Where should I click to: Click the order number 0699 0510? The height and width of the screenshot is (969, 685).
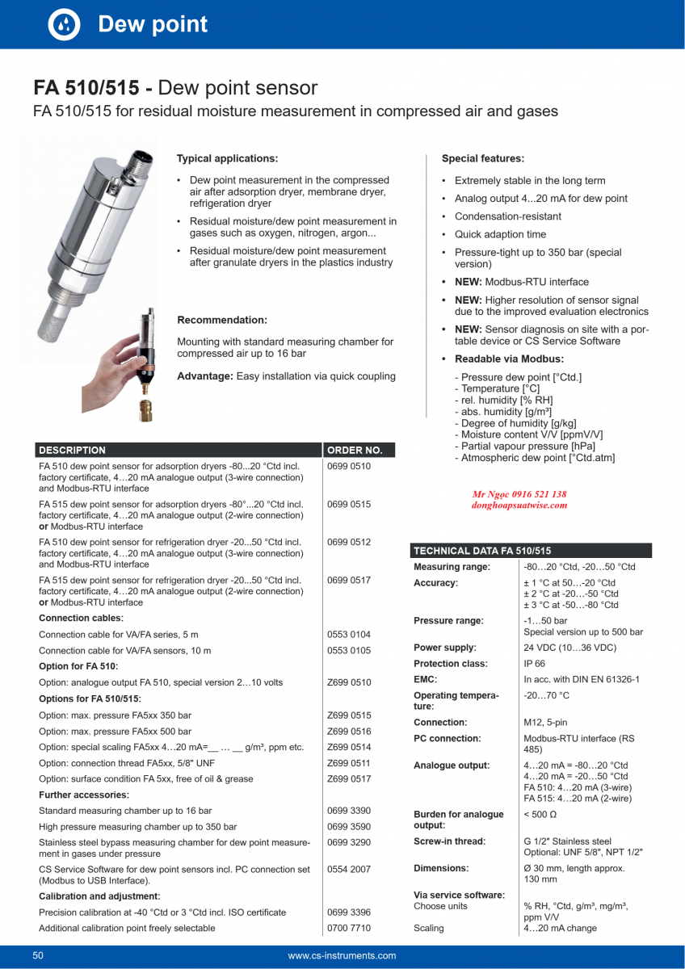coord(349,467)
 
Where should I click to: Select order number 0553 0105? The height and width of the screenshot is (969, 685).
coord(349,650)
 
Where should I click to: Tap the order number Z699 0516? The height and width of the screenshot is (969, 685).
coord(349,731)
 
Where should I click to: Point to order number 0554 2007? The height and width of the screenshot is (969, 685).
coord(349,869)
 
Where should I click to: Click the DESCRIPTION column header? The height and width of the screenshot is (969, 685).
coord(73,450)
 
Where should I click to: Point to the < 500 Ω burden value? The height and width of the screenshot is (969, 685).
coord(540,815)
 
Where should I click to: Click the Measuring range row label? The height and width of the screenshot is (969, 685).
coord(452,567)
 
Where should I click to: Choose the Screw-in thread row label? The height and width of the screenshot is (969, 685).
coord(449,841)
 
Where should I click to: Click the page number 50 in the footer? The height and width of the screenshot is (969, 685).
coord(38,956)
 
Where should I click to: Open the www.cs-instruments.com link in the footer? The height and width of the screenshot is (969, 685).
coord(342,956)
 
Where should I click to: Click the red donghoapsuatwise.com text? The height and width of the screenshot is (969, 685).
coord(519,505)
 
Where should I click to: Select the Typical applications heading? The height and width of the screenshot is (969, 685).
coord(227,158)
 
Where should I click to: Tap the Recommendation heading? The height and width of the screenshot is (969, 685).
coord(222,321)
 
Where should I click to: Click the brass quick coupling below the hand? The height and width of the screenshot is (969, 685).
coord(145,408)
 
